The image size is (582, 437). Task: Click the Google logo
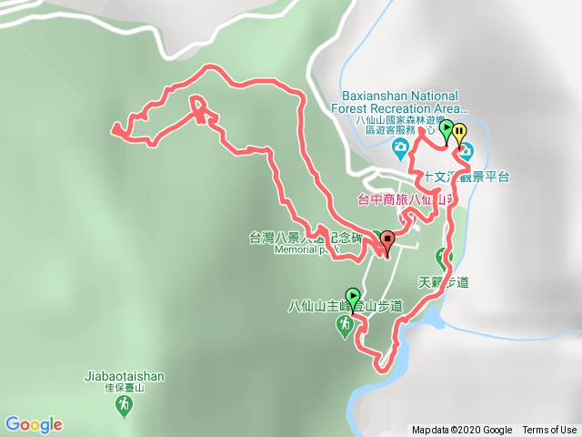coord(34,424)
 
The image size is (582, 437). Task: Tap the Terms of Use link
coord(549,431)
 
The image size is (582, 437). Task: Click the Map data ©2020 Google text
coord(462,431)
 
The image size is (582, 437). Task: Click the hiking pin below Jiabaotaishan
coord(125,407)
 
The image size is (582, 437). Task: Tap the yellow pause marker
coord(460,132)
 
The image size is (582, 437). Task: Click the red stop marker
coord(388,241)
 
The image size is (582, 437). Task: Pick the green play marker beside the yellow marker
coord(446,130)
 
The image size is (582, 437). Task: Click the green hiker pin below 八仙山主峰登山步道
coord(345,326)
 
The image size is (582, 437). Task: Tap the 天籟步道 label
coord(443,282)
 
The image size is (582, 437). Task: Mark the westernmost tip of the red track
coord(112,129)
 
